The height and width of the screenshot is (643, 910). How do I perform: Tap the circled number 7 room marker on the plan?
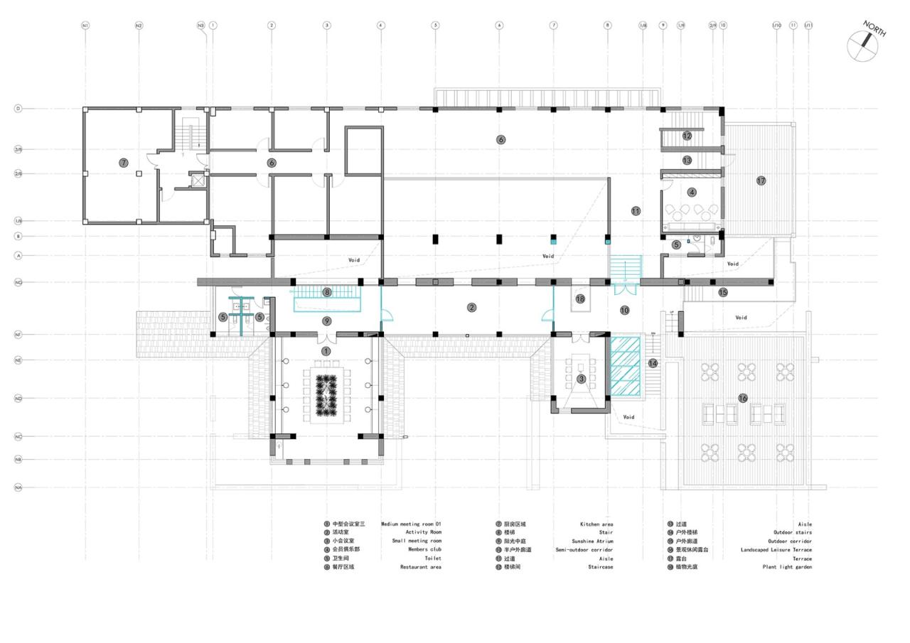(124, 163)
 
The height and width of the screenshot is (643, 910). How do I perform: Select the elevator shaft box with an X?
(197, 180)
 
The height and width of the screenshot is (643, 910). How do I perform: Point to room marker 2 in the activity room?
(471, 308)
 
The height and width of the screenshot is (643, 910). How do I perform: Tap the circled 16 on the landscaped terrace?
(743, 399)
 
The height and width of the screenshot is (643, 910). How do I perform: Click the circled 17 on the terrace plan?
(761, 180)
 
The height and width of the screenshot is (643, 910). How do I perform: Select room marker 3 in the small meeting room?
(581, 379)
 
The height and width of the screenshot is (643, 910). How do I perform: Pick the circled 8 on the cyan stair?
(327, 292)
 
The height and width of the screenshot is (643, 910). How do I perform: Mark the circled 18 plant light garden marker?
(580, 299)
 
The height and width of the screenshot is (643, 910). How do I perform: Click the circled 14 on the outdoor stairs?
(653, 363)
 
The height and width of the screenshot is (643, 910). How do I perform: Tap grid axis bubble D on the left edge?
(18, 109)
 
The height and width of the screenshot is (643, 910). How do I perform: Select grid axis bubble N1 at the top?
(85, 26)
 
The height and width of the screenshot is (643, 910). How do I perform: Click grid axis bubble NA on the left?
(18, 487)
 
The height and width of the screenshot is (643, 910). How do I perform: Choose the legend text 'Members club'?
(424, 550)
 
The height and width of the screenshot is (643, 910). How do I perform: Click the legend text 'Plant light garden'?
(787, 567)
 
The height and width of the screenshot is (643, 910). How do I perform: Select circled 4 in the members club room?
(692, 192)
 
